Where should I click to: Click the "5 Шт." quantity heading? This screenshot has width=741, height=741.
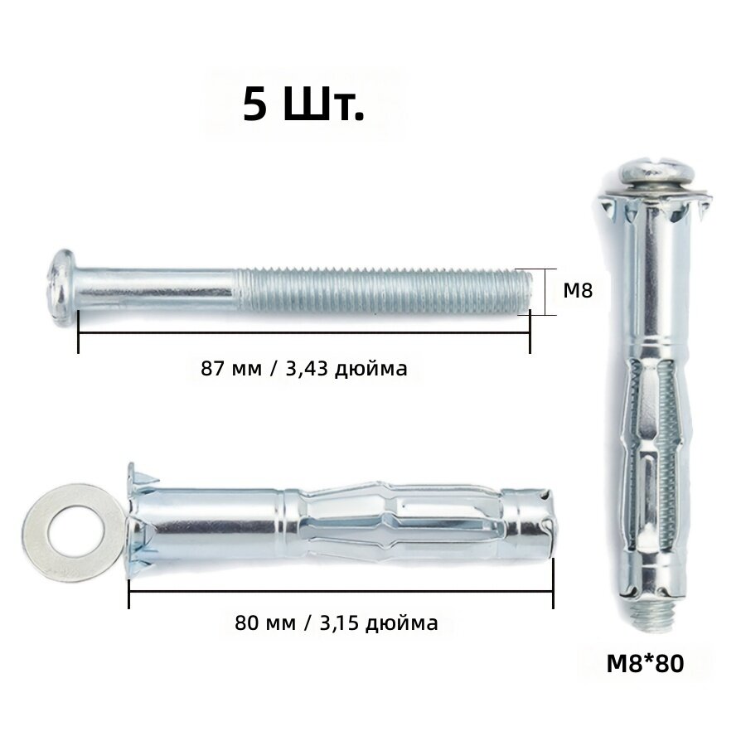coord(303,105)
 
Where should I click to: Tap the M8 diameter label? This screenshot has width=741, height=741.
coord(578,291)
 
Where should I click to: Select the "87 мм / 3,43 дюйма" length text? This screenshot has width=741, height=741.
coord(304,368)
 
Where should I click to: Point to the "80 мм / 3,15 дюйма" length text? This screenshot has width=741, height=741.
coord(337,622)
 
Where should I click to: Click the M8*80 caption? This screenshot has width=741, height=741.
coord(645,663)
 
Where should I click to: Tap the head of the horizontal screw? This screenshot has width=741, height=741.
coord(62,288)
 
